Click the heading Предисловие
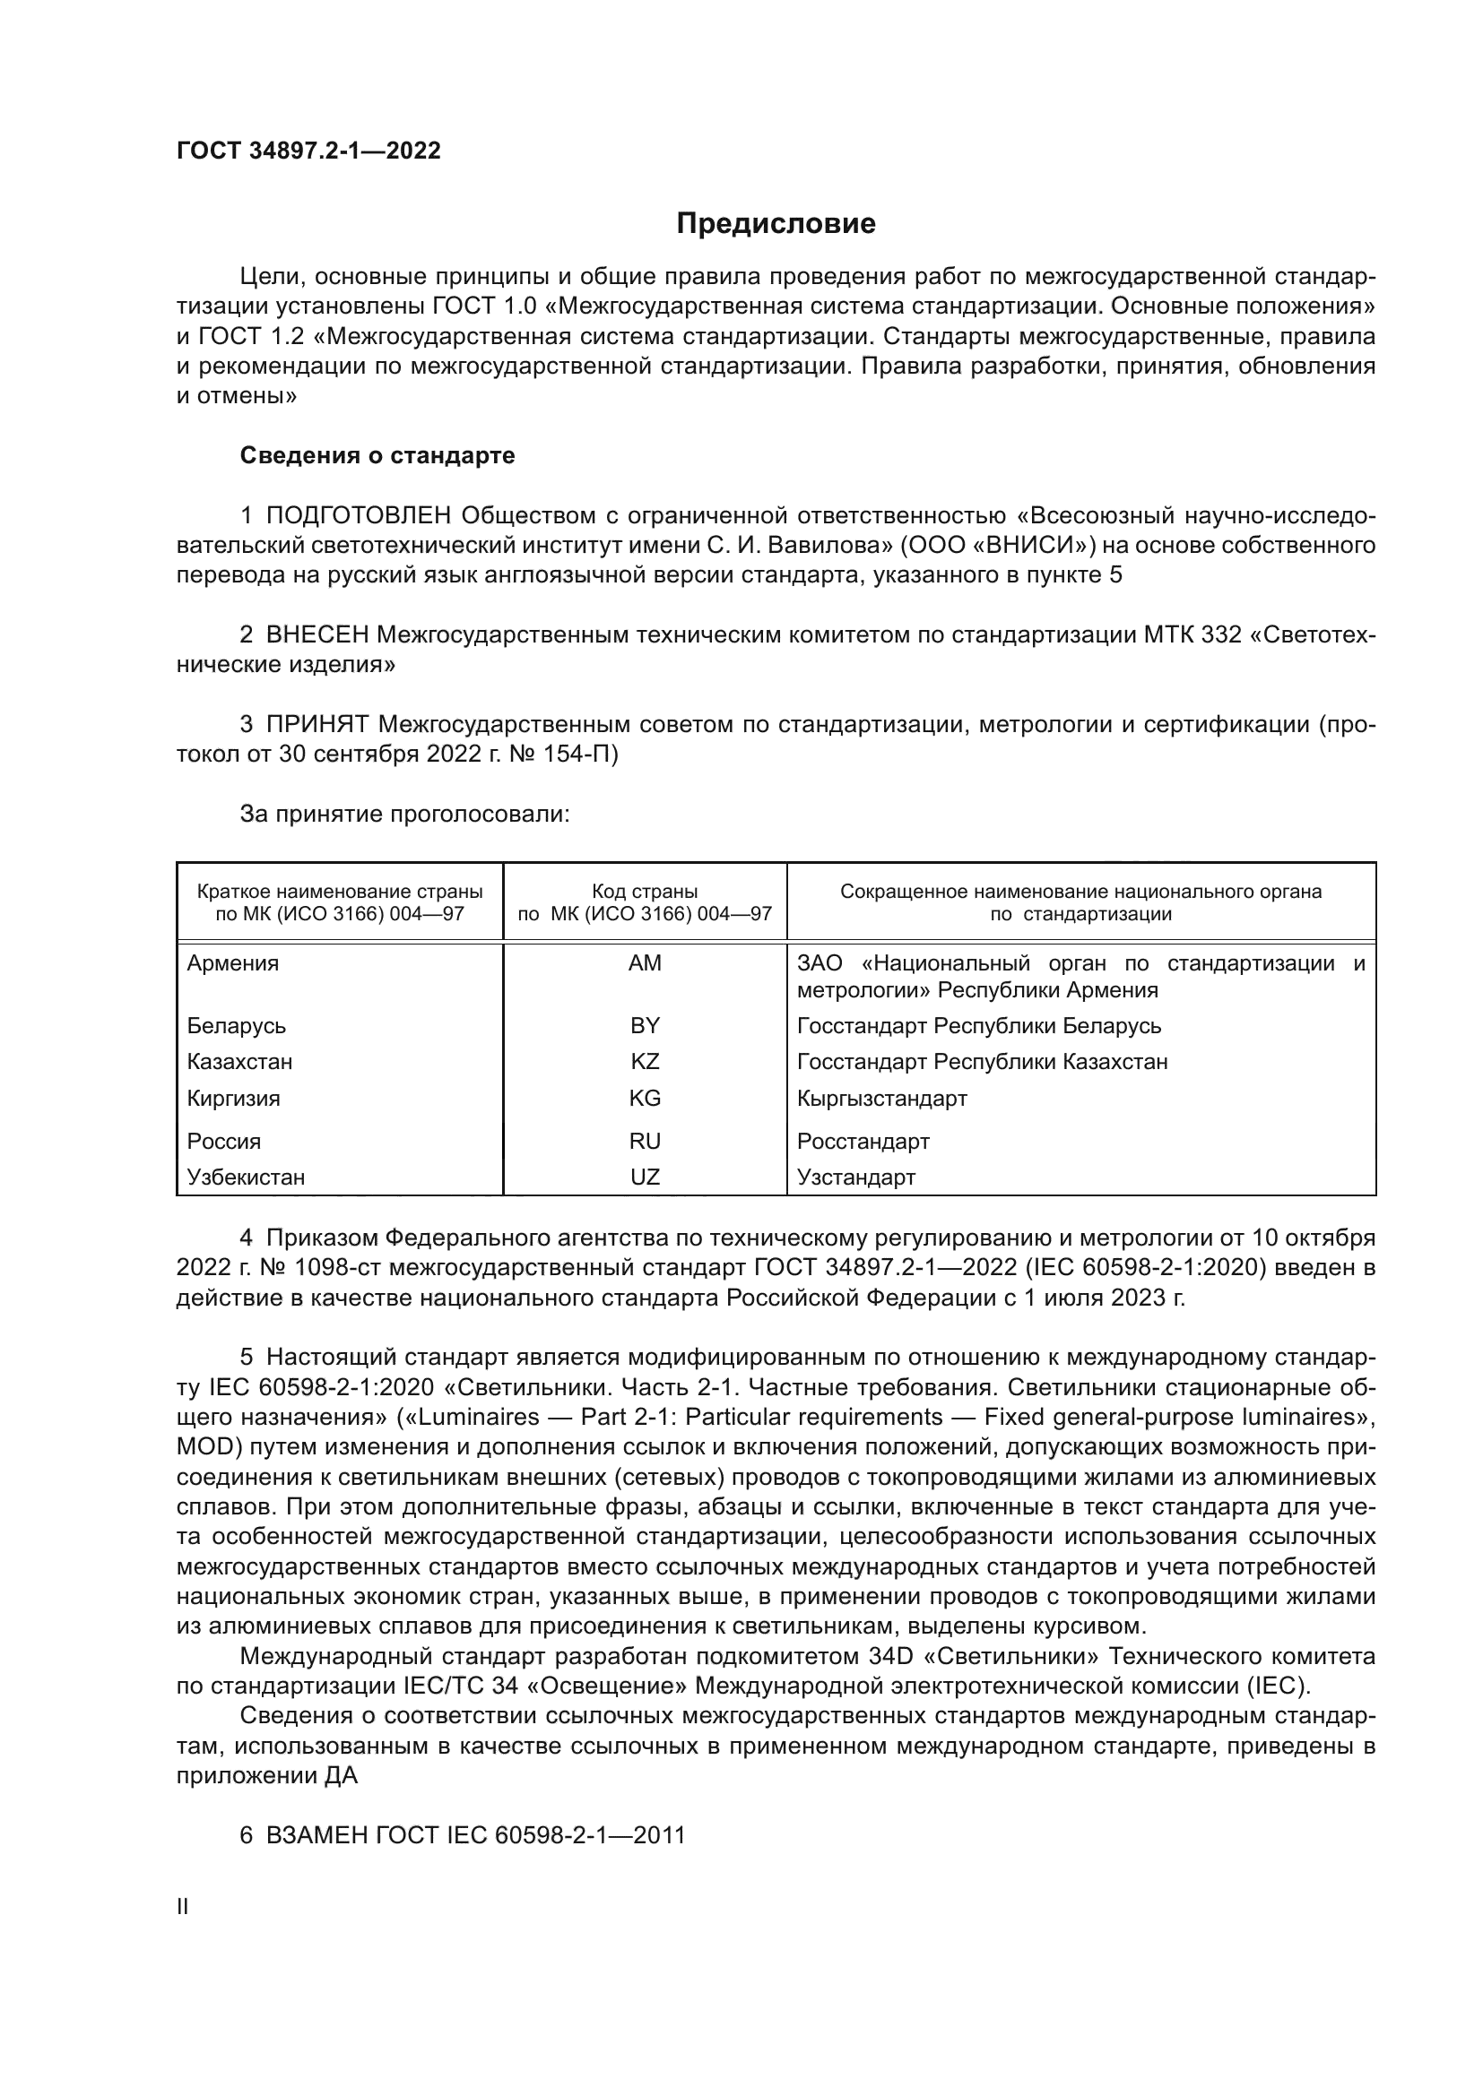(776, 224)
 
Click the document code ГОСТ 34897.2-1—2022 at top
(308, 151)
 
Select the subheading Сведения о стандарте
(377, 455)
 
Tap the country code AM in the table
(645, 963)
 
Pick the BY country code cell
(645, 1025)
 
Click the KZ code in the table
(645, 1062)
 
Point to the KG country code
(645, 1099)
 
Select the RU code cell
(645, 1141)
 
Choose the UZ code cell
(645, 1177)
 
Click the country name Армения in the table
(233, 963)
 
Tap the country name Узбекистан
(246, 1177)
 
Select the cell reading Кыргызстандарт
(881, 1099)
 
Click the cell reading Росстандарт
(863, 1141)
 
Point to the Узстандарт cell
(855, 1177)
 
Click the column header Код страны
(645, 891)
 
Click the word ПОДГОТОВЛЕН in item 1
(358, 516)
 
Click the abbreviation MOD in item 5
(204, 1447)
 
